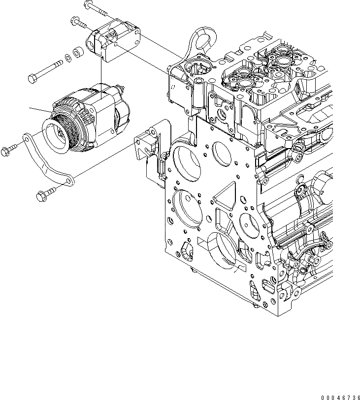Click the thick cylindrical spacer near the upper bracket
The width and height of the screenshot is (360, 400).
point(77,52)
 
